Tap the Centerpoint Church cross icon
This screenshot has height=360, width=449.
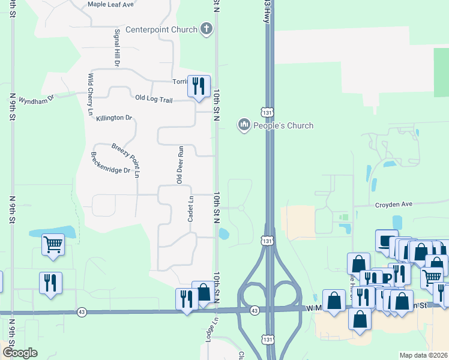[x=206, y=29]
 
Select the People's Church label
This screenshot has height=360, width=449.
[x=283, y=125]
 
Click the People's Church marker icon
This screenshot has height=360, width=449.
[x=244, y=125]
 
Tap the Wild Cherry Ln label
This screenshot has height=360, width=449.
[x=91, y=94]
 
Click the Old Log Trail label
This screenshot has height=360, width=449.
[x=154, y=98]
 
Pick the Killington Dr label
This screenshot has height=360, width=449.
[x=113, y=118]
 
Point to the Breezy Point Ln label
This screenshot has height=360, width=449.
[x=128, y=160]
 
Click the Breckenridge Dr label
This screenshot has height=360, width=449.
[x=110, y=162]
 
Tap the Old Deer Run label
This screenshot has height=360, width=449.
[x=179, y=164]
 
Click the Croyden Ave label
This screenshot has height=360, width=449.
[x=394, y=204]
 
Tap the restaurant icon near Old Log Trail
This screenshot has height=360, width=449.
[x=199, y=85]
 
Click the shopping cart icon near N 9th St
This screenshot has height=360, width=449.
[x=53, y=244]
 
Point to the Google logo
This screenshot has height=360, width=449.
[x=20, y=353]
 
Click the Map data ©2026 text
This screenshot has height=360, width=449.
[x=423, y=355]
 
